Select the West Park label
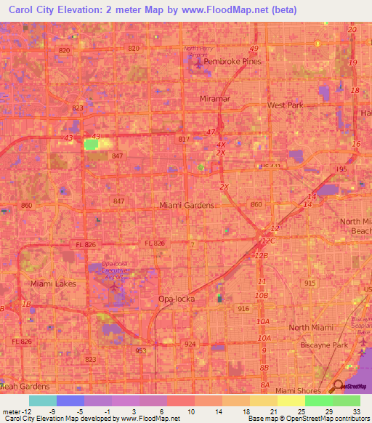(286, 105)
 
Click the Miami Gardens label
(187, 205)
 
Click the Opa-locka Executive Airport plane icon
(113, 286)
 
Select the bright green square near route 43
(92, 144)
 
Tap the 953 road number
(140, 350)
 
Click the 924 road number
(190, 343)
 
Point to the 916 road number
(242, 309)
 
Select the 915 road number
(310, 282)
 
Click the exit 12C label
(269, 241)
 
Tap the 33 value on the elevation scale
(356, 412)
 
